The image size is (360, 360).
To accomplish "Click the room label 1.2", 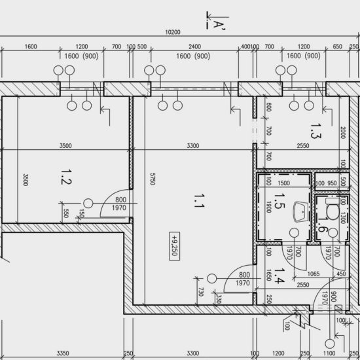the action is click(66, 177).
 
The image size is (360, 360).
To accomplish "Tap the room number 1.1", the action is click(199, 201).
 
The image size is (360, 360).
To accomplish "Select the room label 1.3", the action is click(315, 131).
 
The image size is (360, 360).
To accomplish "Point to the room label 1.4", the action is click(279, 276).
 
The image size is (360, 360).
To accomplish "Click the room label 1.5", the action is click(279, 201).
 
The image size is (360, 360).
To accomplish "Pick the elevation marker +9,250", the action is click(175, 246).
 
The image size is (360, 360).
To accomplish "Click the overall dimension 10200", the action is click(173, 32).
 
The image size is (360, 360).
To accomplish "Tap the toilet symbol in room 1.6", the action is click(333, 209).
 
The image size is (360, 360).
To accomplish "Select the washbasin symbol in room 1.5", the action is click(300, 211).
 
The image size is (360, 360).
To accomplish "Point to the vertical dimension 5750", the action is click(153, 179).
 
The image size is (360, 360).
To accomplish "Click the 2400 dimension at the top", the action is click(194, 46).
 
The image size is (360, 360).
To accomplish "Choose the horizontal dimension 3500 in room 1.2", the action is click(65, 146).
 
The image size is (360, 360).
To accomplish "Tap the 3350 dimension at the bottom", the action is click(63, 353).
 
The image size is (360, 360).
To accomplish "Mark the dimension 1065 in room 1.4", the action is click(314, 274).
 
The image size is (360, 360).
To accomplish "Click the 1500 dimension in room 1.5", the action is click(284, 183).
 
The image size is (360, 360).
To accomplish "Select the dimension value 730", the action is click(201, 291).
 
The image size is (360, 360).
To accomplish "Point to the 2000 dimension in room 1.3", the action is click(342, 133).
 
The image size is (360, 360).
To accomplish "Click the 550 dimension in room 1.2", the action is click(65, 213).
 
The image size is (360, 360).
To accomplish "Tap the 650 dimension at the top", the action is click(338, 46).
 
